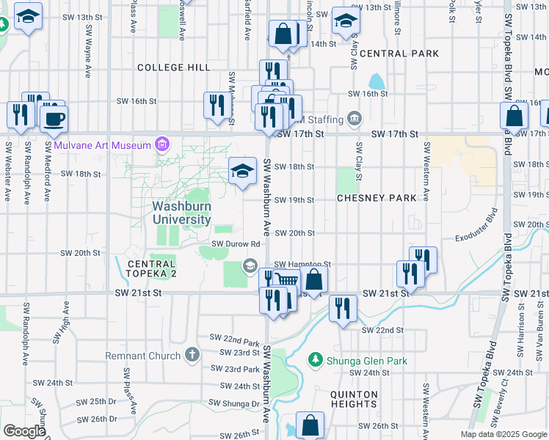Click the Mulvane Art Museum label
point(101,145)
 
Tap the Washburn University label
point(181,213)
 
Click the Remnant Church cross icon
point(192,356)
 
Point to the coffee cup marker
point(54,119)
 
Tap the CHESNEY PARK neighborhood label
point(377,198)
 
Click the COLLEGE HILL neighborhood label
point(173,67)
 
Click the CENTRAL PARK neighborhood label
point(399,54)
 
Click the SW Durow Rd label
point(236,244)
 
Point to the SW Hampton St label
point(302,264)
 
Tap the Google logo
point(24,431)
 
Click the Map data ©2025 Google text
point(503,434)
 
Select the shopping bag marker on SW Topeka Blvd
point(515,117)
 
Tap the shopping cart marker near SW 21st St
point(288,279)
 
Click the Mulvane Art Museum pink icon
point(162,144)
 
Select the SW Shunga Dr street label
point(234,403)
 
